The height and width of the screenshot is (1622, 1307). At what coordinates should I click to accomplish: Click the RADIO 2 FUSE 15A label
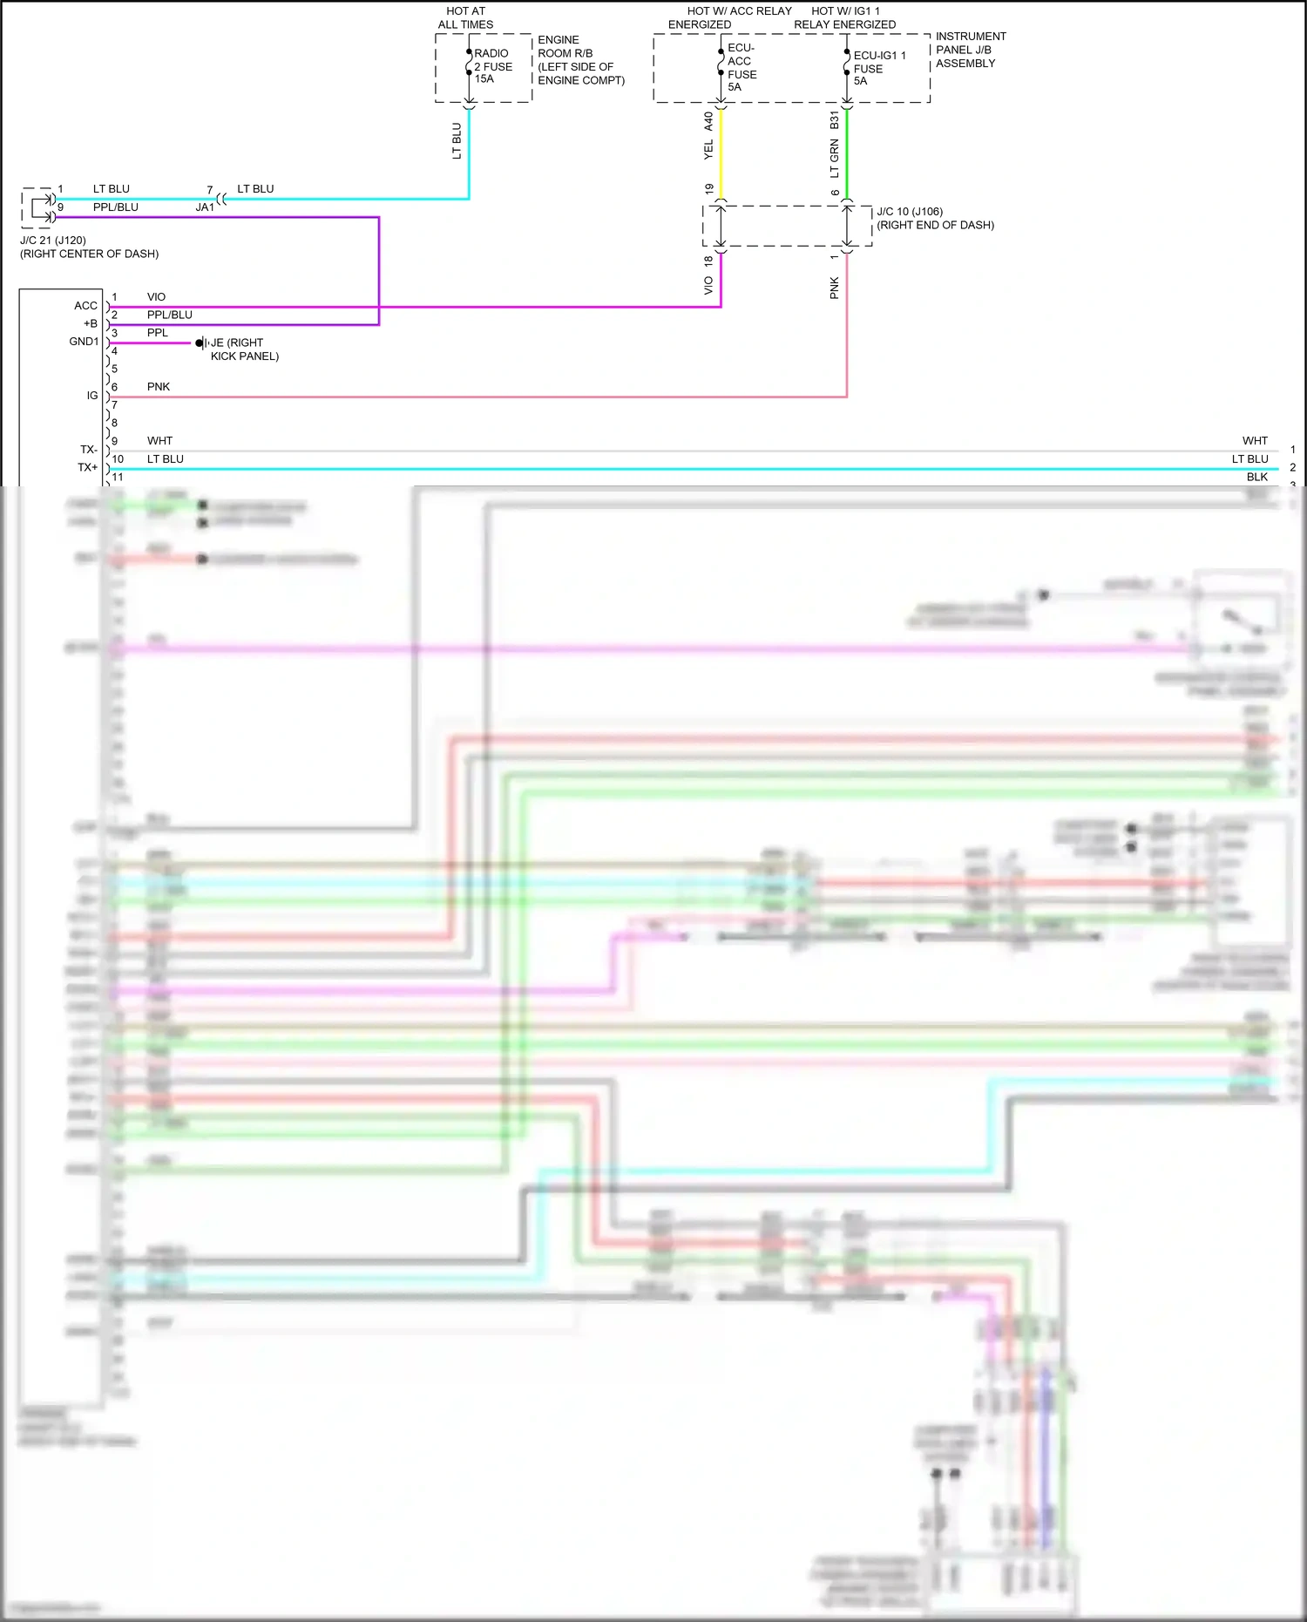click(x=492, y=66)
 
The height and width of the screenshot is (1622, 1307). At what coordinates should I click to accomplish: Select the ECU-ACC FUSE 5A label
click(x=742, y=68)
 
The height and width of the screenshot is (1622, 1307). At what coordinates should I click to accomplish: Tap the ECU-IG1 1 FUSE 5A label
click(x=878, y=68)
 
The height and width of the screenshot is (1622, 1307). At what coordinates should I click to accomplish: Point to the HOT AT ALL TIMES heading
click(x=465, y=17)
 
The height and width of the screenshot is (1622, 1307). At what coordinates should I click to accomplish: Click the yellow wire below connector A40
click(x=721, y=153)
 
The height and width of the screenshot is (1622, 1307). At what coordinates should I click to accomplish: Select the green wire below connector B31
click(x=847, y=153)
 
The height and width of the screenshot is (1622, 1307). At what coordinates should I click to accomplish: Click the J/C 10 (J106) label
click(x=909, y=212)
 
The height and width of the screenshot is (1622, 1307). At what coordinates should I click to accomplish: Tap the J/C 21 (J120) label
click(x=52, y=241)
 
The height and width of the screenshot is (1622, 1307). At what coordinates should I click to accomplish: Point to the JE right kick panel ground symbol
click(x=201, y=343)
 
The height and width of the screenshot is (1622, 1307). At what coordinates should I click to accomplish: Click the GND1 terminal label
click(x=84, y=342)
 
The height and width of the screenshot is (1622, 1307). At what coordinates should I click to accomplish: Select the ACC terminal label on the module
click(x=85, y=306)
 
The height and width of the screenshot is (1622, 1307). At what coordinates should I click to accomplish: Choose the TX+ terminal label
click(x=87, y=468)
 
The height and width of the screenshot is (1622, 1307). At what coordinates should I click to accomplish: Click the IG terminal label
click(x=91, y=396)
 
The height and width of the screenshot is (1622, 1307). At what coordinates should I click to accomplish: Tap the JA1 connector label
click(x=205, y=207)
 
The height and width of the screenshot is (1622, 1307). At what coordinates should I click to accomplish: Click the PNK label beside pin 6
click(x=159, y=387)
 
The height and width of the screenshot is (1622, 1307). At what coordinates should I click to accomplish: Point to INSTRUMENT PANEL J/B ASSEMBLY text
click(x=970, y=50)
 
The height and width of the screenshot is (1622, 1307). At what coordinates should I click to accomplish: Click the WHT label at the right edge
click(x=1255, y=441)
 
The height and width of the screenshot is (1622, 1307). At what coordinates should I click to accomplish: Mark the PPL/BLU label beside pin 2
click(x=169, y=315)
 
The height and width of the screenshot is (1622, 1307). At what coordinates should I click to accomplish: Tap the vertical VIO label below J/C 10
click(x=708, y=285)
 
